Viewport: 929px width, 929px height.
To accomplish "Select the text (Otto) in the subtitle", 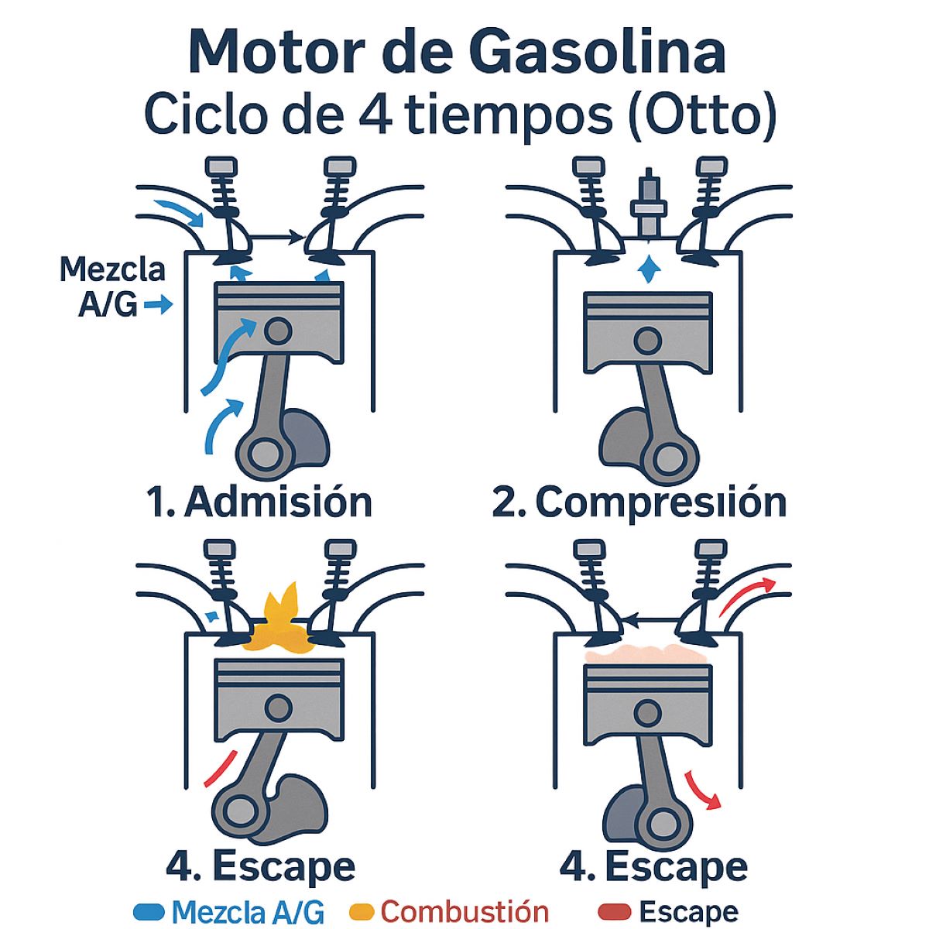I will coord(702,116).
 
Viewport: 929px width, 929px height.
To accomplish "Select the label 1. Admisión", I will coord(259,502).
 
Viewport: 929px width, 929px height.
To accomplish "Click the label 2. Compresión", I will coord(639,502).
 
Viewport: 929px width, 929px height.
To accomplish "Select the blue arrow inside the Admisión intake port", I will coord(180,211).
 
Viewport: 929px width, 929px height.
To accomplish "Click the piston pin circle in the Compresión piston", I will coord(647,340).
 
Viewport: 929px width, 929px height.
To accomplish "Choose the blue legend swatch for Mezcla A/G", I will coord(149,910).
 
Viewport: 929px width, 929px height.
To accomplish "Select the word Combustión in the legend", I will coord(464,910).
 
